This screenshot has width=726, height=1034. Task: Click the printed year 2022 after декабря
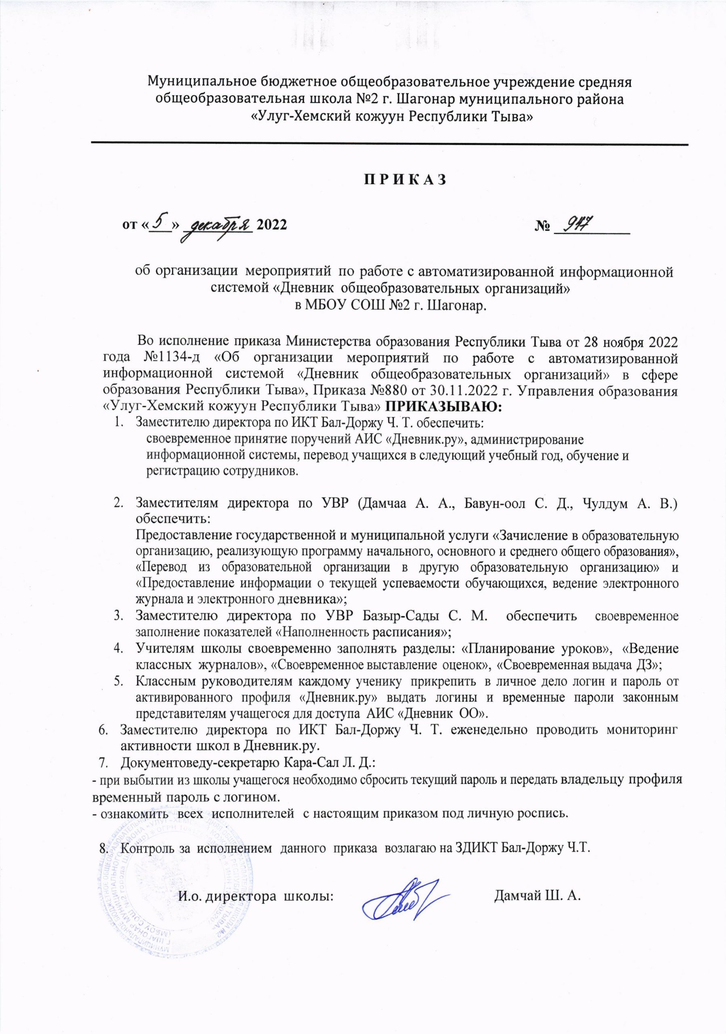[271, 225]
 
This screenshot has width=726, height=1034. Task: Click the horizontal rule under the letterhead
[390, 144]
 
